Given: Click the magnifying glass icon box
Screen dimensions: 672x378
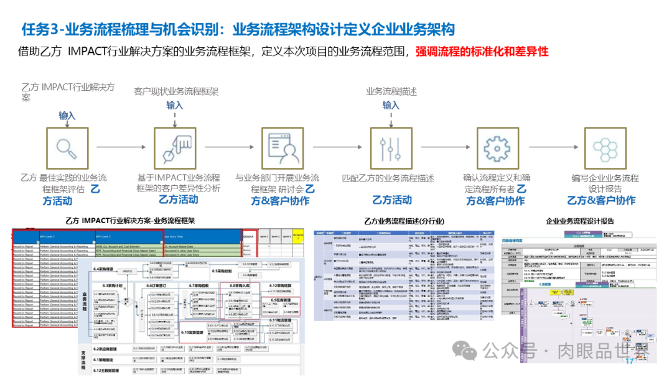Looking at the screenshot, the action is pyautogui.click(x=67, y=148).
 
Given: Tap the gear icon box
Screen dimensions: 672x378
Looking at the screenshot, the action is pyautogui.click(x=497, y=148).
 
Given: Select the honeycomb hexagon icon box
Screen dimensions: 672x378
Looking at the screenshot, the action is pyautogui.click(x=605, y=148).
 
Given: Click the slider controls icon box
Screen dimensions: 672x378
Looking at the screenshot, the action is pyautogui.click(x=391, y=148).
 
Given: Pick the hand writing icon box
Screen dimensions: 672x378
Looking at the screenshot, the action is pyautogui.click(x=175, y=148).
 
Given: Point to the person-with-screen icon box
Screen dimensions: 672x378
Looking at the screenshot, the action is pyautogui.click(x=282, y=148).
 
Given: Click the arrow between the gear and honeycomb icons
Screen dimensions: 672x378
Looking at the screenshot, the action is pyautogui.click(x=551, y=148).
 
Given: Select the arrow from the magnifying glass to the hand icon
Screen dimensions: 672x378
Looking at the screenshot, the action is pyautogui.click(x=121, y=148).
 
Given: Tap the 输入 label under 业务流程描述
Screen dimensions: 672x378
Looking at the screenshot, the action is pyautogui.click(x=391, y=105).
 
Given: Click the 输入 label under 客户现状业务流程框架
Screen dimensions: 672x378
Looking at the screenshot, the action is pyautogui.click(x=175, y=105).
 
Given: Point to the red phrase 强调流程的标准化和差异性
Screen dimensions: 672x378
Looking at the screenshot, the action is pyautogui.click(x=482, y=52).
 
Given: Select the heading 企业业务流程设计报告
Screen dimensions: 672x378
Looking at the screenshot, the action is pyautogui.click(x=580, y=221).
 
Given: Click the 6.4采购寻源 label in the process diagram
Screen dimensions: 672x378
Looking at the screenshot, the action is pyautogui.click(x=106, y=269).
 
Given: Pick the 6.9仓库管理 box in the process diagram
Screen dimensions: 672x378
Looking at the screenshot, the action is pyautogui.click(x=283, y=300).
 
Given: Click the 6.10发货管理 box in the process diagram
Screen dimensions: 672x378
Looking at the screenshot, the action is pyautogui.click(x=194, y=333).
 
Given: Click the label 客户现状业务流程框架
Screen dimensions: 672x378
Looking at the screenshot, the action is pyautogui.click(x=176, y=91).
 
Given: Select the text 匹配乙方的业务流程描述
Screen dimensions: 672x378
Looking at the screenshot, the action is pyautogui.click(x=388, y=178).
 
